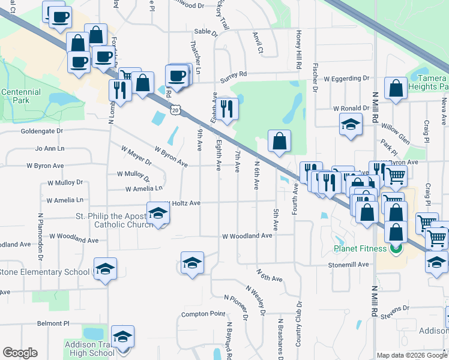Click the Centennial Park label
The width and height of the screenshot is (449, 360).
point(21,96)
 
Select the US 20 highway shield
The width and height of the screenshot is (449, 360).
point(175,110)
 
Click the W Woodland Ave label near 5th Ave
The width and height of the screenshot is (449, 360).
point(247,236)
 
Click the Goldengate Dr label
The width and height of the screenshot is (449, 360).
point(41,131)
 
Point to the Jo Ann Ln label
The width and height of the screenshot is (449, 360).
point(50,148)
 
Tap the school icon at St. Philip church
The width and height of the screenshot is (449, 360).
point(158,214)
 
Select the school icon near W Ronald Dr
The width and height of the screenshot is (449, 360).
point(351,125)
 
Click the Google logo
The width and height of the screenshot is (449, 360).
point(20,353)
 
